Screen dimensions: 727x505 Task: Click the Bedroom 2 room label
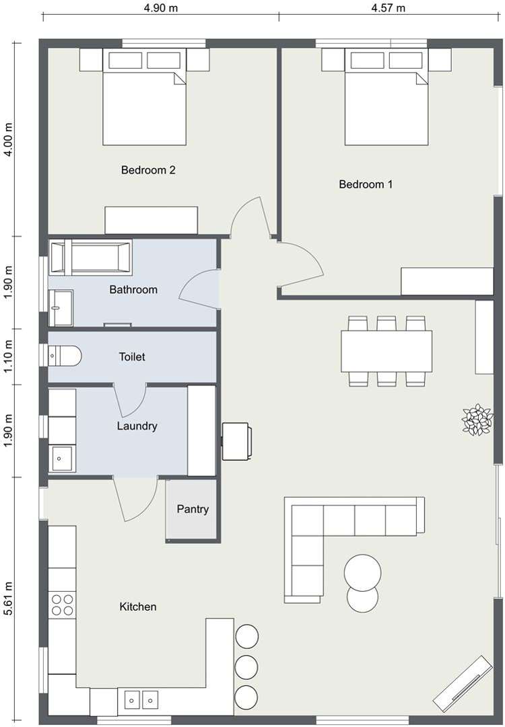(x=148, y=170)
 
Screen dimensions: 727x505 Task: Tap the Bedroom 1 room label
(x=365, y=184)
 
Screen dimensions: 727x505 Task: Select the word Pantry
(x=193, y=509)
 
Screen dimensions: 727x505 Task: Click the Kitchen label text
(x=138, y=607)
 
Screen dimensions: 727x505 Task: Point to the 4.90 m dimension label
(x=160, y=8)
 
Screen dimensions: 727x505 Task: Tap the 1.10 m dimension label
(x=9, y=356)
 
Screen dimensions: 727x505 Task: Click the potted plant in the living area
(x=477, y=420)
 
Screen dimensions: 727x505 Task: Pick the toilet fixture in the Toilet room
(x=65, y=355)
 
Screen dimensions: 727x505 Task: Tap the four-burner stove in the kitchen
(x=63, y=605)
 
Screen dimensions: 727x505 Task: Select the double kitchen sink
(x=141, y=701)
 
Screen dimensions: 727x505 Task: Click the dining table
(x=386, y=351)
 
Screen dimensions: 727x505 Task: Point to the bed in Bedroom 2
(x=144, y=106)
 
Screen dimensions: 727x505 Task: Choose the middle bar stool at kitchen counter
(x=247, y=665)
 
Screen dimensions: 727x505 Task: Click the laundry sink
(x=63, y=459)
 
